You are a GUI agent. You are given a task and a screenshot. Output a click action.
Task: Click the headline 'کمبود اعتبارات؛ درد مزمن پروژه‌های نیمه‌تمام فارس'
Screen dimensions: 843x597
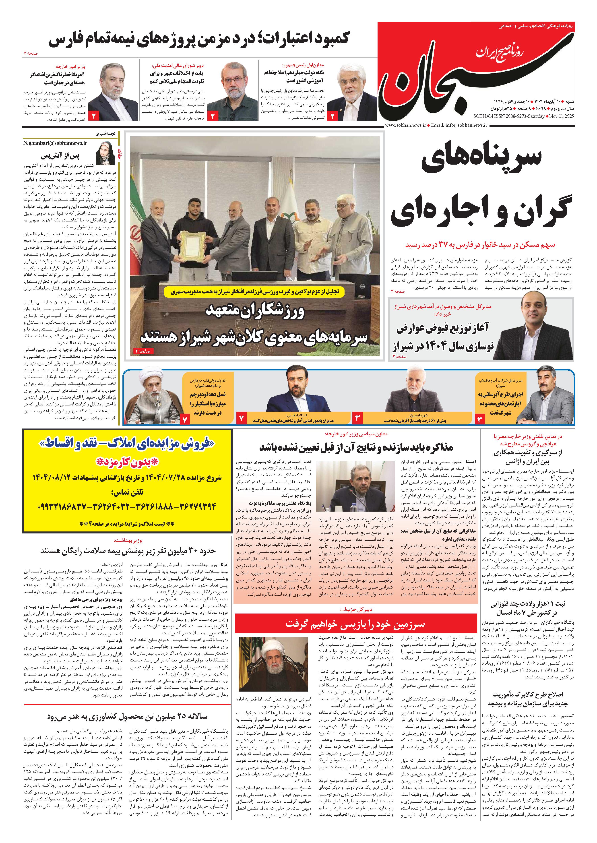tap(198, 39)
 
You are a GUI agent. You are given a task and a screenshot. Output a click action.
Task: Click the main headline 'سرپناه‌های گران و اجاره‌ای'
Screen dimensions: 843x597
tap(481, 188)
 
